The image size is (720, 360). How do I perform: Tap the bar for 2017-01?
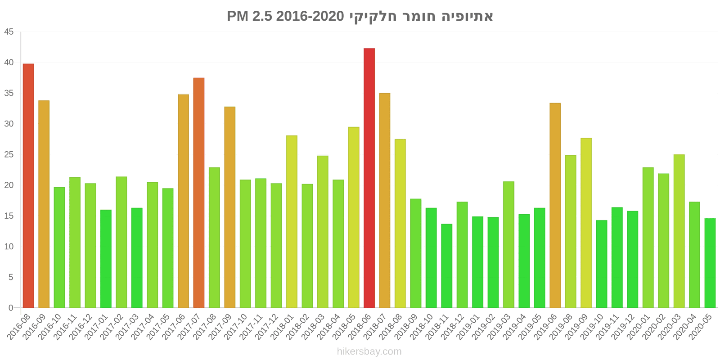[x=106, y=259]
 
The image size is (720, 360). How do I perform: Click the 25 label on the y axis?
[x=9, y=155]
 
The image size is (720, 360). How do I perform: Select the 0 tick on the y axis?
[x=11, y=308]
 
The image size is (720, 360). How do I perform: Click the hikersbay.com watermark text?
[x=369, y=351]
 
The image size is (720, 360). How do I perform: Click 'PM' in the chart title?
[x=237, y=17]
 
